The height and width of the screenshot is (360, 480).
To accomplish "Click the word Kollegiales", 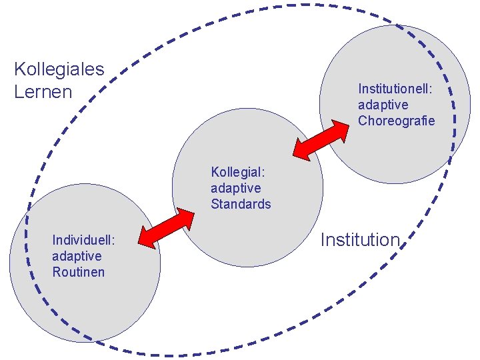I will point(59,69).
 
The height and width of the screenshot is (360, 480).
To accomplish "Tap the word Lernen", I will point(43,91).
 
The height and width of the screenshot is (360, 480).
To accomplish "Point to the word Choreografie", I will point(396,121).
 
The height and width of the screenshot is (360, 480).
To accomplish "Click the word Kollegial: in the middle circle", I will point(236,171).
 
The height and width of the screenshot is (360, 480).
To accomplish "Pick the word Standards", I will point(241,204).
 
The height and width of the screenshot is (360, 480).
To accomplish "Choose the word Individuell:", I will point(85,239).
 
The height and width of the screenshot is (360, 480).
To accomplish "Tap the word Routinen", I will point(78,272).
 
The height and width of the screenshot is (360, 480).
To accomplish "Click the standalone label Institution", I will point(360,240).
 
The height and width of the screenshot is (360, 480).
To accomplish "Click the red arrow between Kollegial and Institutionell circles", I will point(321,141).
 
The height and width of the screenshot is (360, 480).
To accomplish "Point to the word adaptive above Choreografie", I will point(383,105).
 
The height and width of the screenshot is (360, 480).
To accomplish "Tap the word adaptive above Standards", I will point(235,188).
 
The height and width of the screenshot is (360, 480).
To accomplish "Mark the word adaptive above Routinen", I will point(77,256).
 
